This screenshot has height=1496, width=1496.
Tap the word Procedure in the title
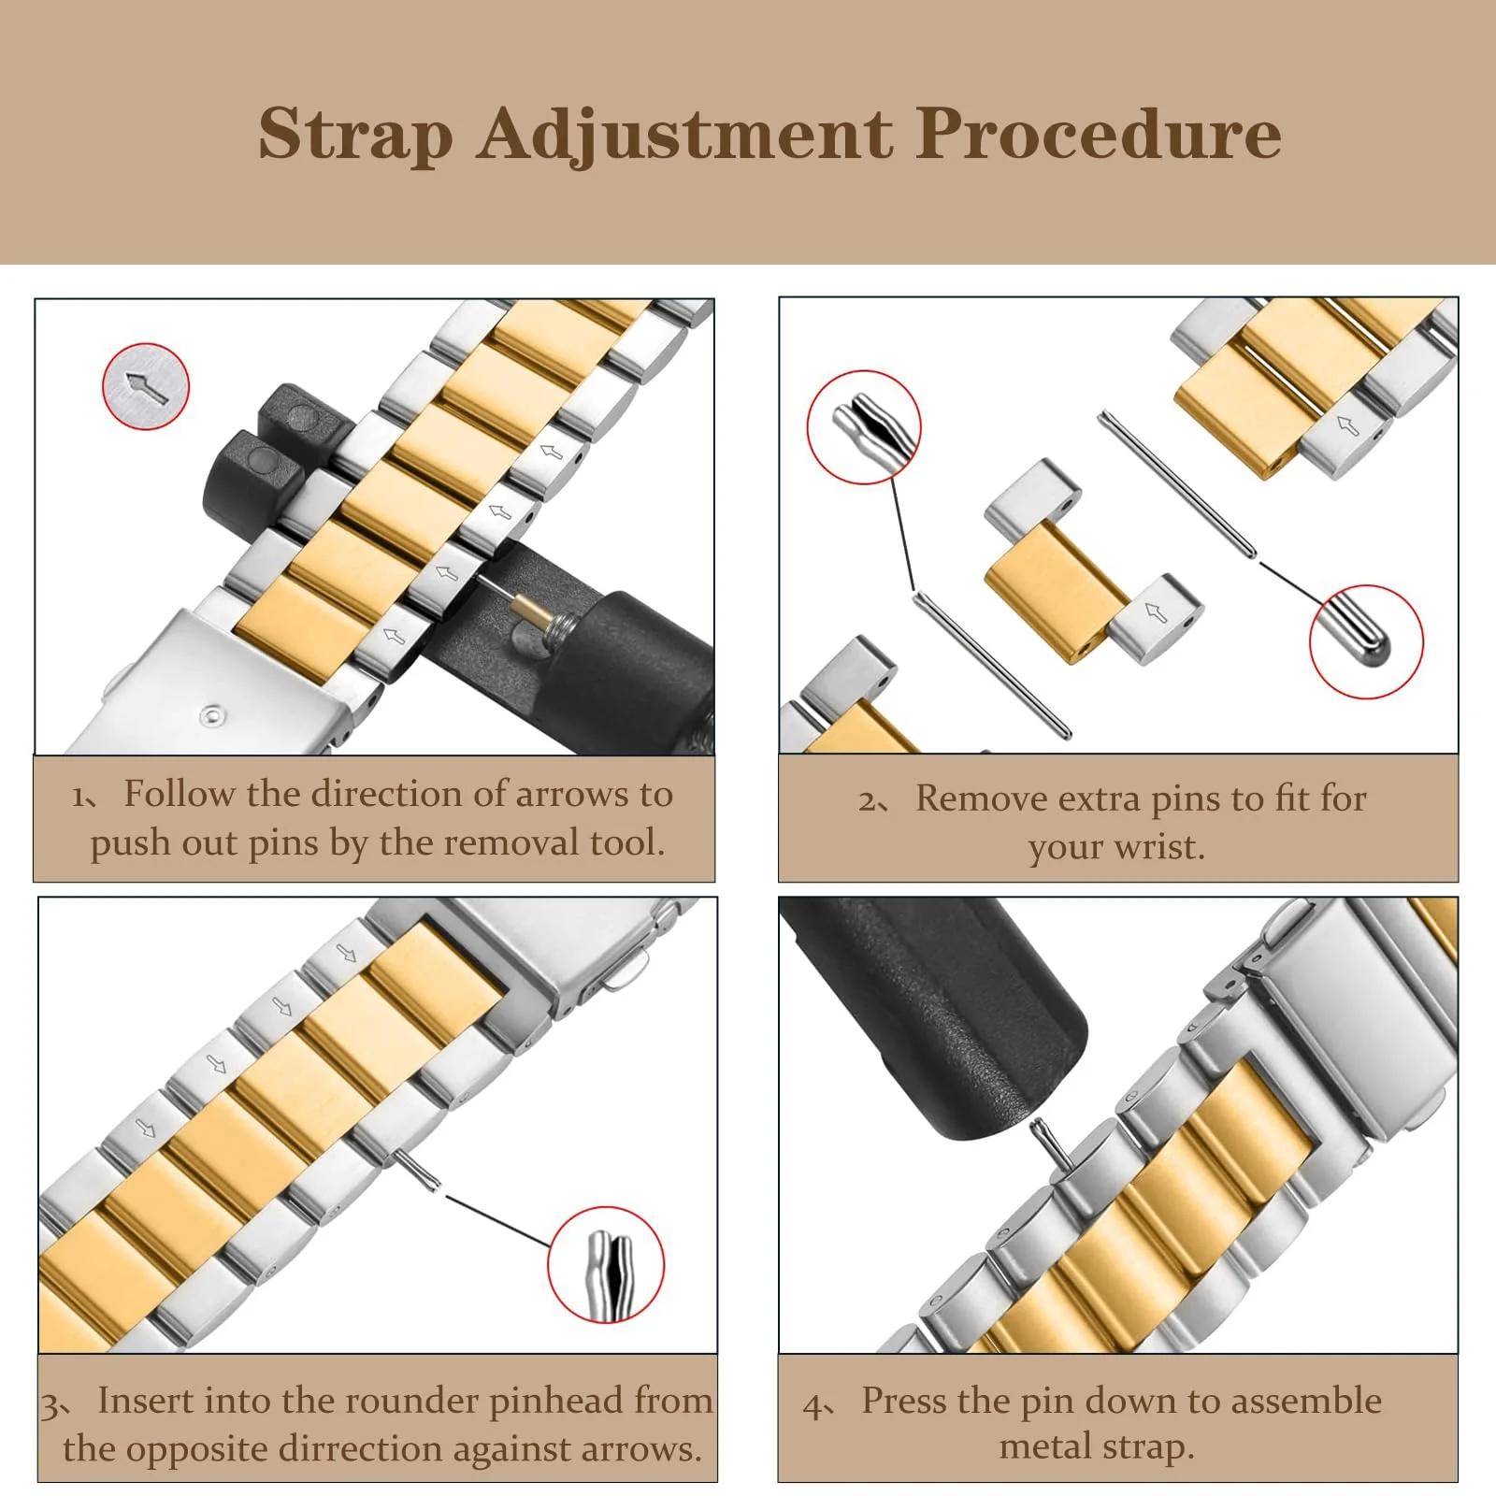click(1099, 134)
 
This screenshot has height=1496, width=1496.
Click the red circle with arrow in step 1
click(146, 386)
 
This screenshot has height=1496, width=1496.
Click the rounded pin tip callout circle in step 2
click(1366, 641)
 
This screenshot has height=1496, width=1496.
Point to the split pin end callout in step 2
click(864, 427)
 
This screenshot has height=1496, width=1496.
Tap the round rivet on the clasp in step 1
click(214, 717)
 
